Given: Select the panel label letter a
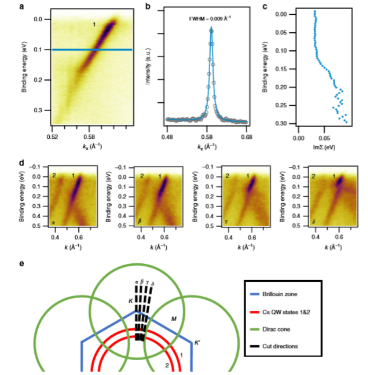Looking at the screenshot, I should click(x=22, y=7).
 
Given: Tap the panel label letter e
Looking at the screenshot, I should click(x=22, y=262).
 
